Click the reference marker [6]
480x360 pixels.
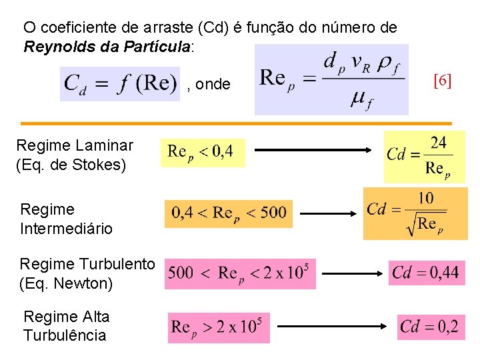442,81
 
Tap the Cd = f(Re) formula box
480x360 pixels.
120,84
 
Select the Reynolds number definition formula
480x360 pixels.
331,79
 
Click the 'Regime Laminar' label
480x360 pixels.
75,145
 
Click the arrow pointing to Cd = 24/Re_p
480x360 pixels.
313,151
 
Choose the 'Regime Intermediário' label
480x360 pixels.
66,219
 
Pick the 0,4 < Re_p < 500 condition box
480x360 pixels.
229,213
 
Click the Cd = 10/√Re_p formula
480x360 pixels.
415,213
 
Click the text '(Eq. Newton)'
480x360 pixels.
66,283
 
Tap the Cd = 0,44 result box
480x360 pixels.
426,272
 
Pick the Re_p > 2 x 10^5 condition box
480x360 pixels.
219,327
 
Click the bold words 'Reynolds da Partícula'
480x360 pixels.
107,47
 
